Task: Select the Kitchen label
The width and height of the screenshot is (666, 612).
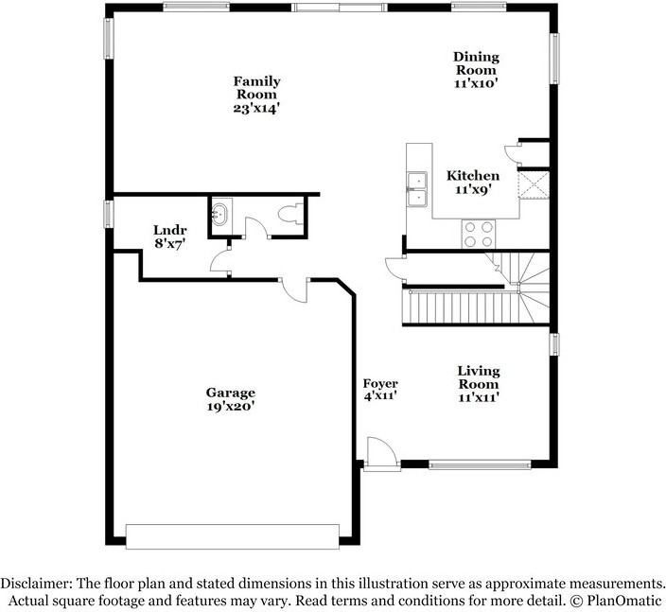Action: [473, 176]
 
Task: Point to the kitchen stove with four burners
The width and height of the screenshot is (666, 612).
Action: [478, 231]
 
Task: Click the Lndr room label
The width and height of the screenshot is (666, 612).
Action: [170, 230]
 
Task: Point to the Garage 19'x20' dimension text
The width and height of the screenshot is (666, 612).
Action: [231, 407]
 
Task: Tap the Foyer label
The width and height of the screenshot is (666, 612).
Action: [380, 383]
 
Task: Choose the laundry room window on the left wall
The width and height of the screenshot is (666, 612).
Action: [108, 213]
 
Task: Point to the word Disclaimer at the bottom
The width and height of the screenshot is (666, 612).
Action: [35, 584]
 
